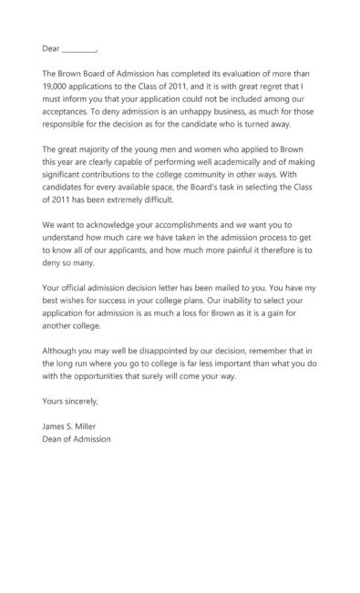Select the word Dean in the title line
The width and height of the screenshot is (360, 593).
click(x=53, y=439)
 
